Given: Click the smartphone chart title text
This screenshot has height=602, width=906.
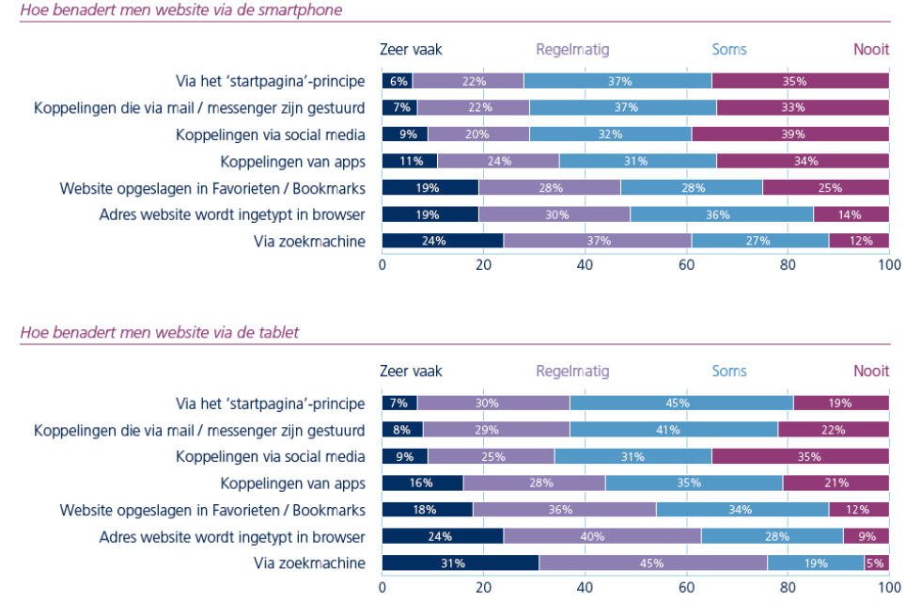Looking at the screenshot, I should click(x=180, y=10).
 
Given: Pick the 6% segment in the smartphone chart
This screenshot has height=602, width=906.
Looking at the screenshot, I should click(x=398, y=81).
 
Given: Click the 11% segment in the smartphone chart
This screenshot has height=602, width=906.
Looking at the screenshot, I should click(x=410, y=161).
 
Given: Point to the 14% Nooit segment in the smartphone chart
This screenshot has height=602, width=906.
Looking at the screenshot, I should click(x=851, y=214).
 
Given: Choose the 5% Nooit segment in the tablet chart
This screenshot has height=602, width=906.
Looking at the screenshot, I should click(x=876, y=563).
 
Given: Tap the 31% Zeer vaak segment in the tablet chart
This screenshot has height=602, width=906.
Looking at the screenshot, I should click(x=461, y=563).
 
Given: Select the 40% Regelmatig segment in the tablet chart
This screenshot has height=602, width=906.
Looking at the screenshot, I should click(x=602, y=537).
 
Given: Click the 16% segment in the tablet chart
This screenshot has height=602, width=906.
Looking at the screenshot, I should click(x=422, y=483).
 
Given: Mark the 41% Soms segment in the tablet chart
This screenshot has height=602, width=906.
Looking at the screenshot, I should click(x=674, y=430).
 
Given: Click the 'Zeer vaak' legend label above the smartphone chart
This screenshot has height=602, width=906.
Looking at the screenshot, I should click(x=411, y=49).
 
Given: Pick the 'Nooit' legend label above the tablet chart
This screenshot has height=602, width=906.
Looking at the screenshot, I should click(x=870, y=371).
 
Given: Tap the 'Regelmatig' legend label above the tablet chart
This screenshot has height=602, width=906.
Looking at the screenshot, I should click(x=572, y=371).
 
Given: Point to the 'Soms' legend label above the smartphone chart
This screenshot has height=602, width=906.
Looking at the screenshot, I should click(x=729, y=49).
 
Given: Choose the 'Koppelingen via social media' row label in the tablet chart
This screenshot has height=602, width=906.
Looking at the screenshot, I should click(x=271, y=457).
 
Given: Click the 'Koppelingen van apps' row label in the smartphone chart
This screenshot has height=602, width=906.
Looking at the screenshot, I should click(x=292, y=162).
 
